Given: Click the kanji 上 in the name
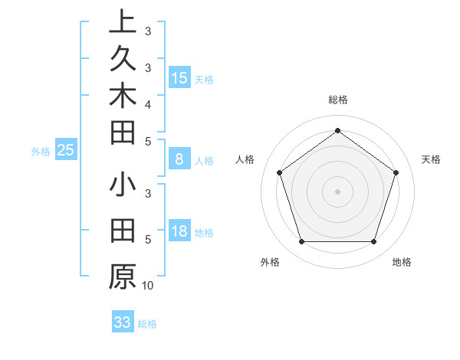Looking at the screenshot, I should click(x=122, y=21).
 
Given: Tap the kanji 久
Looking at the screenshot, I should click(x=122, y=58).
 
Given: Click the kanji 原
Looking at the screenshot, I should click(x=122, y=276).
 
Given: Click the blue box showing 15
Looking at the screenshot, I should click(x=179, y=77).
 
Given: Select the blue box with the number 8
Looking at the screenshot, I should click(x=179, y=159).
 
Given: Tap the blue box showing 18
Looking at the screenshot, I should click(x=179, y=232).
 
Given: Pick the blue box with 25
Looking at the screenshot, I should click(x=66, y=150).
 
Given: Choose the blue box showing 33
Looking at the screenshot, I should click(x=122, y=322).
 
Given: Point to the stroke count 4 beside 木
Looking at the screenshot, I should click(x=147, y=103).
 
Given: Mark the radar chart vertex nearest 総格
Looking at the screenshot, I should click(x=337, y=130).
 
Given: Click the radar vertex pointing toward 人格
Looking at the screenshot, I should click(x=279, y=172).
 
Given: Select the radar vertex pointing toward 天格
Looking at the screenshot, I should click(x=396, y=172).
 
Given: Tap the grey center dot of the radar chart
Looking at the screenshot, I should click(x=337, y=191).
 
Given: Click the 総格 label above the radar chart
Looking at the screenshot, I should click(x=337, y=100).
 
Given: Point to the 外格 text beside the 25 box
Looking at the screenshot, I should click(x=41, y=152).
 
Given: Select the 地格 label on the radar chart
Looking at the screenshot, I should click(x=402, y=262).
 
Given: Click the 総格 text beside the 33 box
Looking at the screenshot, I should click(x=147, y=324).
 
